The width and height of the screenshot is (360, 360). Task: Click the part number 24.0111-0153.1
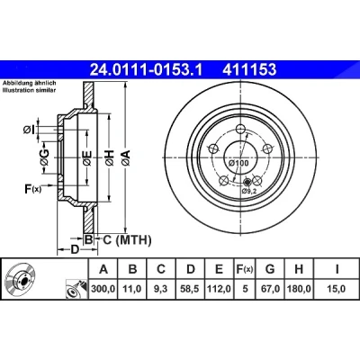pos(147,70)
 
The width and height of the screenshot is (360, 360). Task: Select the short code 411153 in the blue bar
pos(249,70)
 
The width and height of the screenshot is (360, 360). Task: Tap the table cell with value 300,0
pos(103,289)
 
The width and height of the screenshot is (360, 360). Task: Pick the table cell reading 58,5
pos(191,289)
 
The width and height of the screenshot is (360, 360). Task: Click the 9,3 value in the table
pos(161,289)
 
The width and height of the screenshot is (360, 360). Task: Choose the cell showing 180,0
pos(299,289)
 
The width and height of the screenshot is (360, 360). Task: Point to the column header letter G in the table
pos(270,269)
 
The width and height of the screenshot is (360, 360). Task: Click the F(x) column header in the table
pos(245,269)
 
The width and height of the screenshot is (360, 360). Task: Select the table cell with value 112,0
pos(219,289)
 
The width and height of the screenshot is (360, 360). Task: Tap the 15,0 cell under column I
pos(337,289)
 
